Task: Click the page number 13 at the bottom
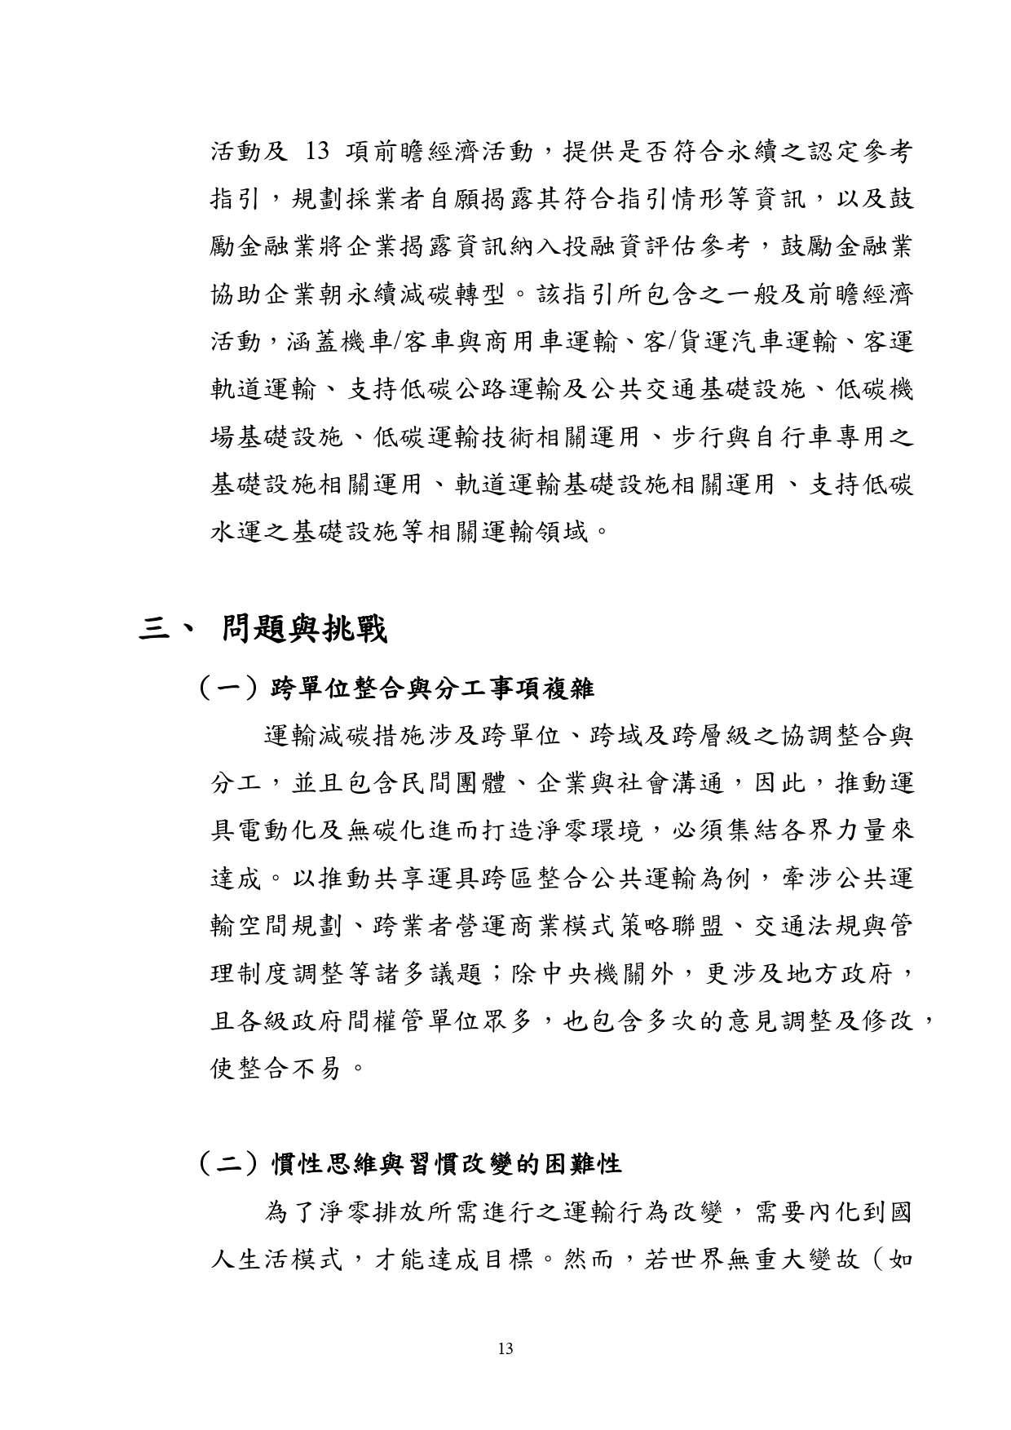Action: (505, 1348)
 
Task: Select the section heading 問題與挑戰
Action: (304, 630)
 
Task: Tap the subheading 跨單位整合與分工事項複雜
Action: (431, 689)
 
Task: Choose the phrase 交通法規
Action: (785, 926)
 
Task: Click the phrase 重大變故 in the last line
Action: (804, 1259)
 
